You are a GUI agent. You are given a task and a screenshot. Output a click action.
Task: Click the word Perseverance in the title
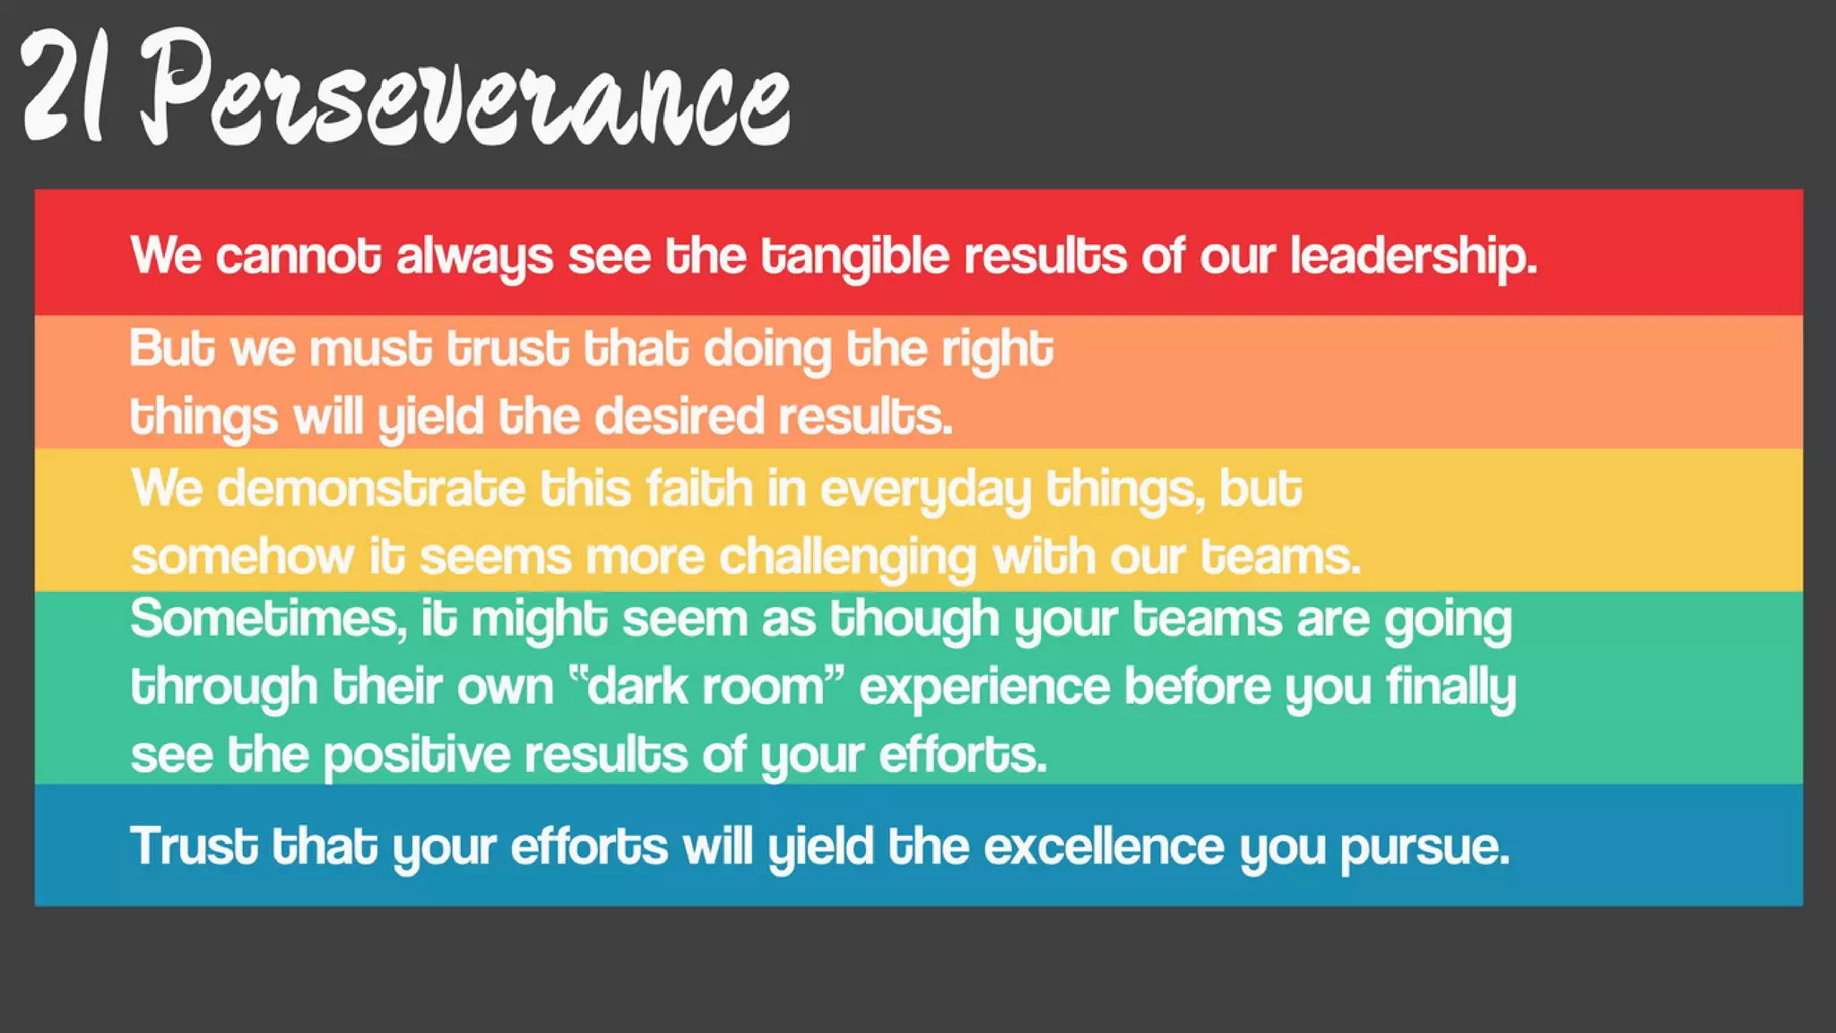pos(464,90)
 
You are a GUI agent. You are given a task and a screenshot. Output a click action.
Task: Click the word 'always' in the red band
pos(474,257)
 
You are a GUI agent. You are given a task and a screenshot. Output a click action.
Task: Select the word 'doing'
pos(767,350)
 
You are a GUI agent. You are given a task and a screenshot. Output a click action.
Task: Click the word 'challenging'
pos(847,558)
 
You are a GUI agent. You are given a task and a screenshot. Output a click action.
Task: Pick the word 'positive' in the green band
pos(416,755)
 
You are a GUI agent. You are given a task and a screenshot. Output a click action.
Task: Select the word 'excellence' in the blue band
pos(1104,846)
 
